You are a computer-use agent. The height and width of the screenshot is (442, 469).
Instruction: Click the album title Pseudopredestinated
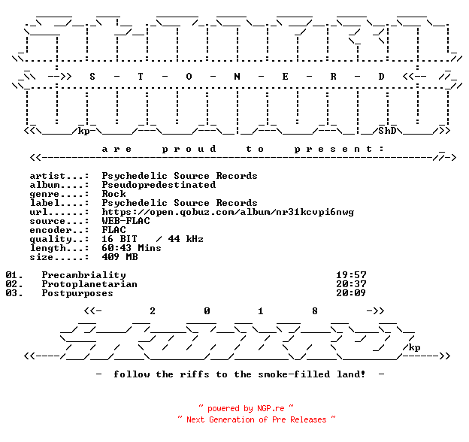tap(159, 185)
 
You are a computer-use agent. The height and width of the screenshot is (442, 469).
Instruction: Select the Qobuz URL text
tap(228, 212)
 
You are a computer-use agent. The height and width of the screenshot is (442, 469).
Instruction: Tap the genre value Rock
tap(114, 194)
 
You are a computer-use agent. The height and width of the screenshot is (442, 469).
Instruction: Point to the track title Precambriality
tap(83, 275)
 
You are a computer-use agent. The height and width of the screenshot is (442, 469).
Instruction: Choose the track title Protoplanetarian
tap(89, 284)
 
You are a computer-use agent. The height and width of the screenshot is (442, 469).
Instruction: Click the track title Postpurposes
tap(77, 293)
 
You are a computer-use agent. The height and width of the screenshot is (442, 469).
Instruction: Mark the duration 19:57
tap(351, 275)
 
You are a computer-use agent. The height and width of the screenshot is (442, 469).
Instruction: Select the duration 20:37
tap(351, 284)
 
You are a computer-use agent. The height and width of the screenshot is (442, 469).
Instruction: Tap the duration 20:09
tap(351, 293)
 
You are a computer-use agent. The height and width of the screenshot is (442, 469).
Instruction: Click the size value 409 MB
tap(120, 257)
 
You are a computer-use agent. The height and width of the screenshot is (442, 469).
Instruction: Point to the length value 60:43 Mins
tap(132, 248)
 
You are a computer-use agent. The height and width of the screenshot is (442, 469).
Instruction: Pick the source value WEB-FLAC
tap(126, 221)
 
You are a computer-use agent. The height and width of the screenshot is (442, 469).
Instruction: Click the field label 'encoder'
tap(50, 230)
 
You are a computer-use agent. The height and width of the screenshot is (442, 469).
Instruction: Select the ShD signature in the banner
tap(387, 131)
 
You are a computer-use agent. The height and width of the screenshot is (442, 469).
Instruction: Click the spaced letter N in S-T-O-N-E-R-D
tap(237, 77)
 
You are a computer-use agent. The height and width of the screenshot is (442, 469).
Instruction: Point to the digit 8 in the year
tap(315, 311)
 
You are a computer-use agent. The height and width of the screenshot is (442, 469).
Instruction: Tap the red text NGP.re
tap(271, 408)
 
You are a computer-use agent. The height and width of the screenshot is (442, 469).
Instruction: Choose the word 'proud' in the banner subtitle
tap(189, 150)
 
